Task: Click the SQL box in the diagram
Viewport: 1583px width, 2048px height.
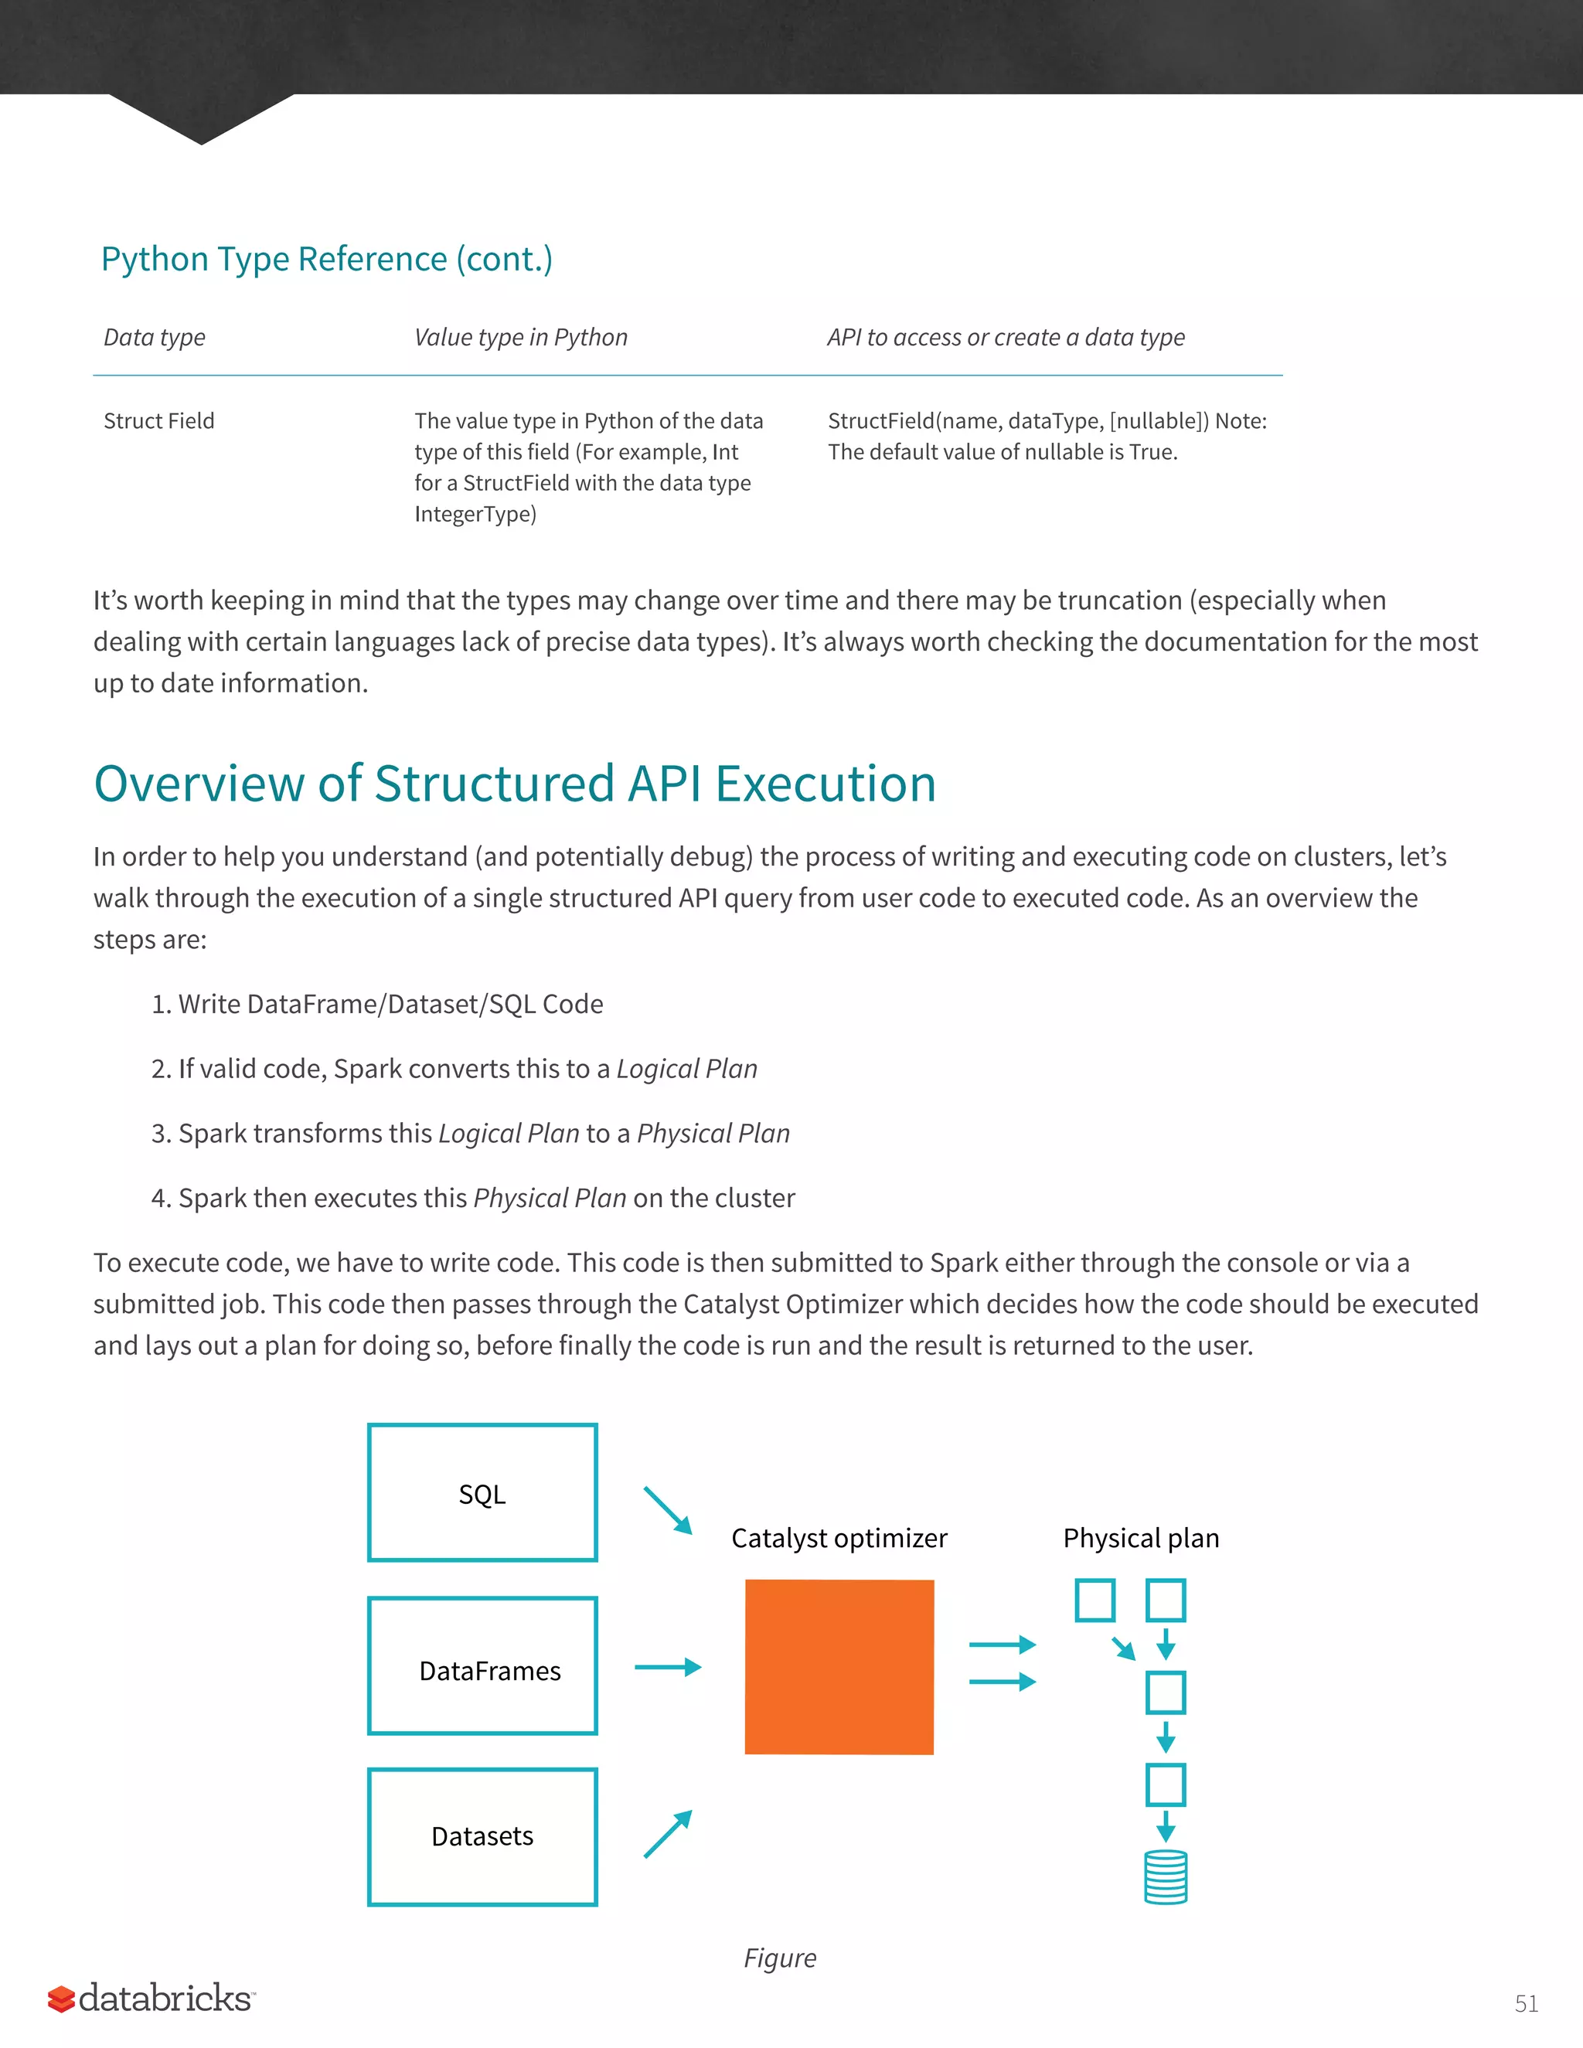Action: coord(482,1493)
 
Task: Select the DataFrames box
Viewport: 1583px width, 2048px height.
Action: coord(482,1665)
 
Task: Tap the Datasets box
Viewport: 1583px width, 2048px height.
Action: coord(482,1836)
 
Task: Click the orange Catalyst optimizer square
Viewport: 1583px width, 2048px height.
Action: coord(839,1666)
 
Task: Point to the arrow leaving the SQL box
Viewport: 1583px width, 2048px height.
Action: coord(668,1510)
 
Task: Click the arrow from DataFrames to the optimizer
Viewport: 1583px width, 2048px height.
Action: coord(668,1666)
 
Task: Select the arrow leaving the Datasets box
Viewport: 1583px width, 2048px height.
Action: coord(668,1834)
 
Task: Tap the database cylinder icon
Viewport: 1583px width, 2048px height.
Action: coord(1166,1877)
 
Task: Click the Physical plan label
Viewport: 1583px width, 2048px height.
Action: coord(1140,1539)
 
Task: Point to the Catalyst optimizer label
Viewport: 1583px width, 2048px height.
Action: coord(839,1539)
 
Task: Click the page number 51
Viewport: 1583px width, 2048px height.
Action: coord(1526,2004)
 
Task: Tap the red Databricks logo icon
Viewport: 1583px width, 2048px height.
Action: coord(61,1999)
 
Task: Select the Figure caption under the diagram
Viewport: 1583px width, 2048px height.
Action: coord(779,1958)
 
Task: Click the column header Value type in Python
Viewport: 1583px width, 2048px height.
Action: coord(520,338)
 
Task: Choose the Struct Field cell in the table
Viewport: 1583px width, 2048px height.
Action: coord(158,421)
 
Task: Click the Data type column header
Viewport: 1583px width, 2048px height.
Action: coord(154,338)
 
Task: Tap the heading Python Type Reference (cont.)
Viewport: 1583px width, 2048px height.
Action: coord(326,259)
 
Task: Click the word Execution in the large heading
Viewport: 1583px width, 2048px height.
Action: coord(826,784)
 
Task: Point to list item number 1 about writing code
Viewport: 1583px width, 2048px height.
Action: coord(377,1005)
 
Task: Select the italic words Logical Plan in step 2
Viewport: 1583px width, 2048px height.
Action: coord(686,1069)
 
